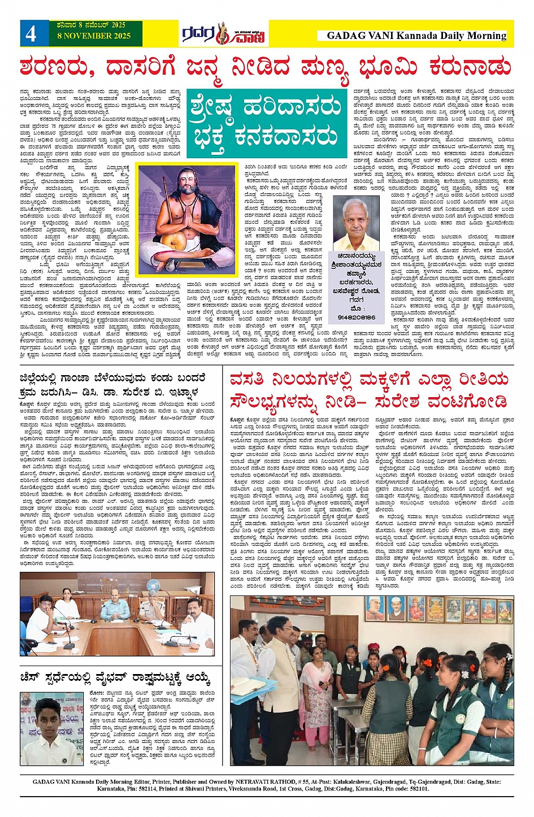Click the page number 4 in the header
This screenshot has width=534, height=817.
(31, 33)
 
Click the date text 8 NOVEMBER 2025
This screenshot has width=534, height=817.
(94, 36)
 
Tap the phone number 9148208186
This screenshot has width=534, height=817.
(357, 318)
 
